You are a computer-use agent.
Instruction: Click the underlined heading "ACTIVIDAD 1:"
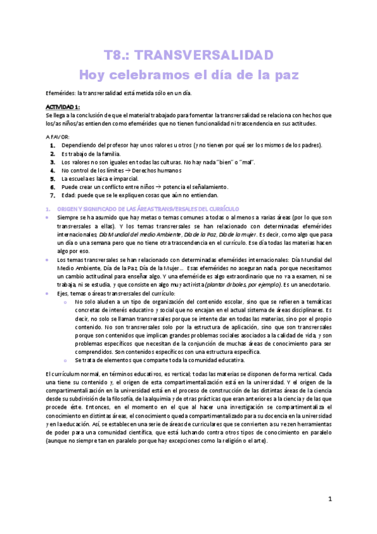[x=63, y=107]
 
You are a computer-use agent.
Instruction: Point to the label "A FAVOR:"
[x=58, y=137]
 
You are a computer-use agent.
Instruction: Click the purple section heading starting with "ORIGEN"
[x=147, y=208]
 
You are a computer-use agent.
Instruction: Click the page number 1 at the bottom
[x=330, y=499]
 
